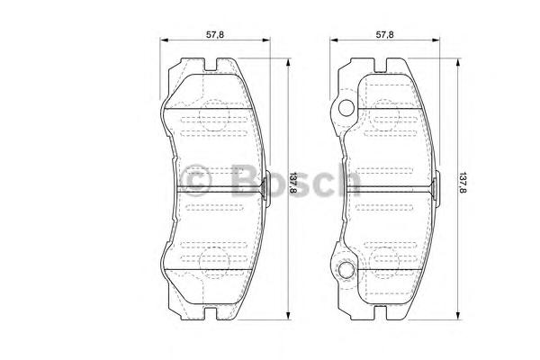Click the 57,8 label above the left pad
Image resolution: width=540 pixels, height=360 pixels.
tap(215, 34)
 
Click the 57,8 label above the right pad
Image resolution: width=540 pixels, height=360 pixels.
tap(384, 34)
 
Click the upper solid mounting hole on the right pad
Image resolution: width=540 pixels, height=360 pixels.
tap(346, 108)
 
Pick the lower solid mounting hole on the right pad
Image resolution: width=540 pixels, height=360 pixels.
tap(346, 270)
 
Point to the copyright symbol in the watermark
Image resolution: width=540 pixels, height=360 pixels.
tap(196, 181)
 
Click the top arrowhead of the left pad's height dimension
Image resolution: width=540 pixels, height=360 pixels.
tap(288, 62)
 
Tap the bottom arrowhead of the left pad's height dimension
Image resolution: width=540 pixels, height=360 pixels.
tap(288, 316)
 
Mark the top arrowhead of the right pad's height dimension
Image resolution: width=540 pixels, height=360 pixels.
tap(458, 62)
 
